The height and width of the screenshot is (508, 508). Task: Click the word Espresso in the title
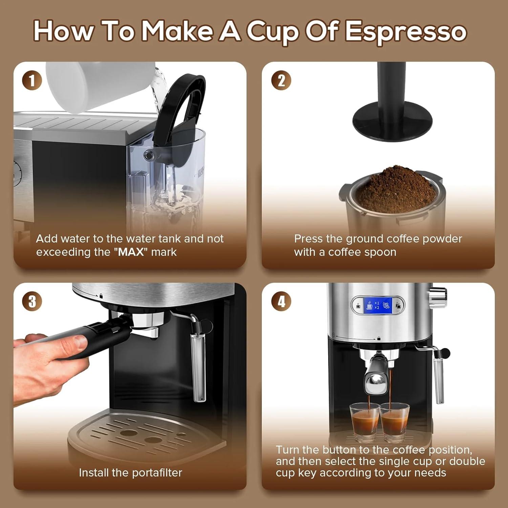[405, 31]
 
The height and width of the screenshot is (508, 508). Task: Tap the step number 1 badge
[32, 81]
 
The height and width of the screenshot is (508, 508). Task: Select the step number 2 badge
[281, 81]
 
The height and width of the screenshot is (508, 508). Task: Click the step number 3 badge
[32, 301]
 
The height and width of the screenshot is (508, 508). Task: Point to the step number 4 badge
[281, 301]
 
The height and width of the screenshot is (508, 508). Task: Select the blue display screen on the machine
[378, 305]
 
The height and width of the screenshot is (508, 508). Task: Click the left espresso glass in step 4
[364, 422]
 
